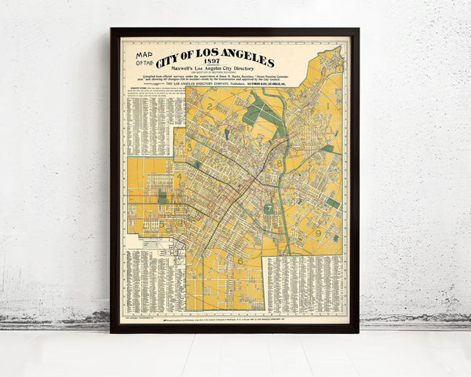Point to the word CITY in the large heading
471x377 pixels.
coord(171,61)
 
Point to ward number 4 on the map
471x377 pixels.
coord(180,176)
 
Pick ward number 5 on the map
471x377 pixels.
coord(162,224)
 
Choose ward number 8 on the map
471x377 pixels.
coord(279,163)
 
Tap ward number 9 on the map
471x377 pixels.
coord(318,232)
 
